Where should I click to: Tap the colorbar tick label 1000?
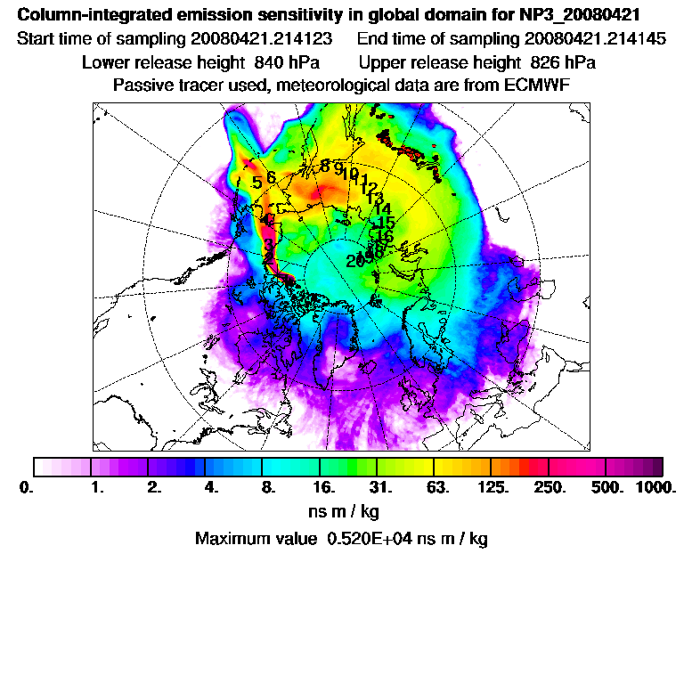655,488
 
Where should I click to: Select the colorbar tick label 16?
323,488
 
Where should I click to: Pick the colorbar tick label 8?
266,488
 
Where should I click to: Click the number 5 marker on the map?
256,183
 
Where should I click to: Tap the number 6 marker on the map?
271,177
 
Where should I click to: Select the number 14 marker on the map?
383,208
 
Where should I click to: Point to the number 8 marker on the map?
325,166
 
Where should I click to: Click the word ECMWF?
537,85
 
